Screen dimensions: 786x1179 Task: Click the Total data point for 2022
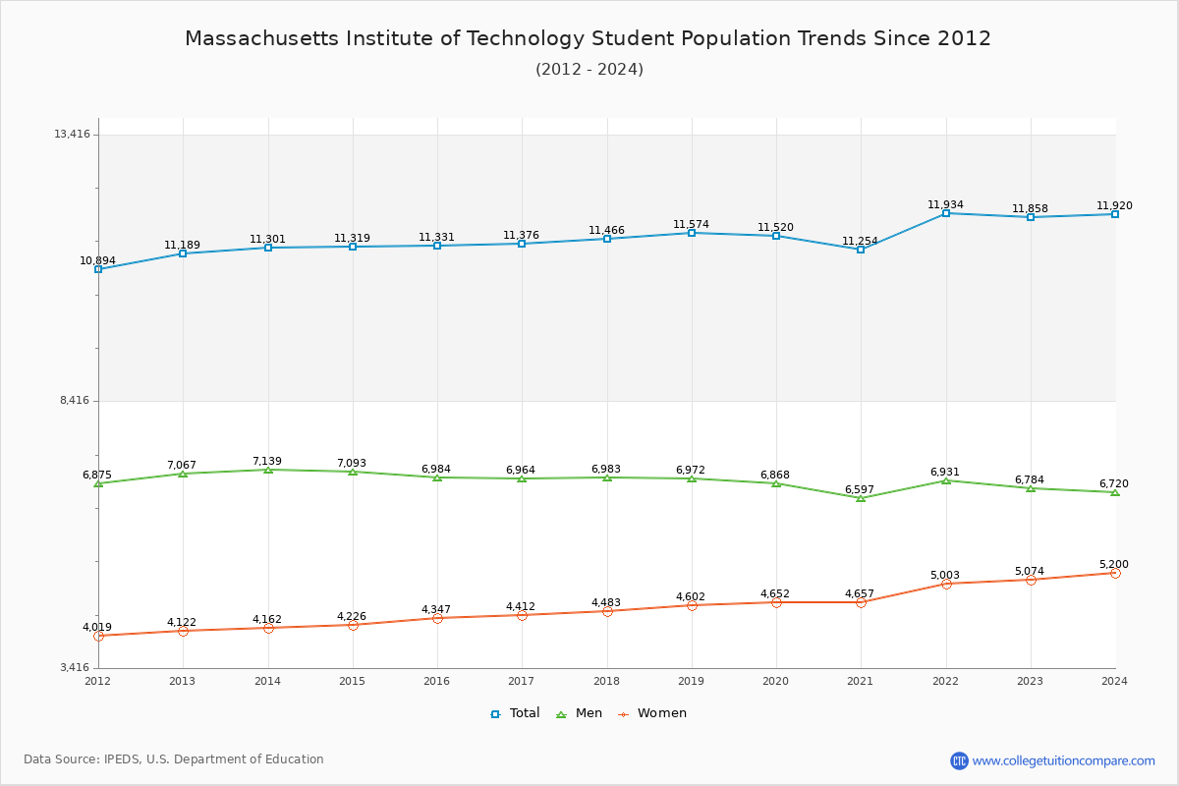coord(946,213)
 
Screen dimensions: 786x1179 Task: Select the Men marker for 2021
coord(861,498)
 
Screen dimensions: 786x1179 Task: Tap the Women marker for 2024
coord(1115,573)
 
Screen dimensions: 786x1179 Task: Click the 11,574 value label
coord(691,224)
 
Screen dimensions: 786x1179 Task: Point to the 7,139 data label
coord(267,461)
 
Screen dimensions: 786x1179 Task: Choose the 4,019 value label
coord(97,627)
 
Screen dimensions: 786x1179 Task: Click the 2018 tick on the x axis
coord(606,681)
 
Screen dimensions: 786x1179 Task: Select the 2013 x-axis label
coord(182,681)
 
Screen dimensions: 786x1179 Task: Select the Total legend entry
coord(515,713)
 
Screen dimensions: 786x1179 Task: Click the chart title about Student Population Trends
coord(589,38)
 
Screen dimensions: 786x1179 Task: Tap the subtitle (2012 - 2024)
coord(589,69)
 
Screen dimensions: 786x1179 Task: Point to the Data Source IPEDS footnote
coord(174,759)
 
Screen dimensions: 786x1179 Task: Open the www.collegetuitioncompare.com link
coord(1063,760)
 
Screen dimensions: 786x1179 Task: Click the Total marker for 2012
coord(98,269)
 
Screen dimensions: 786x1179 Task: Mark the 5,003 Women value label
coord(945,575)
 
